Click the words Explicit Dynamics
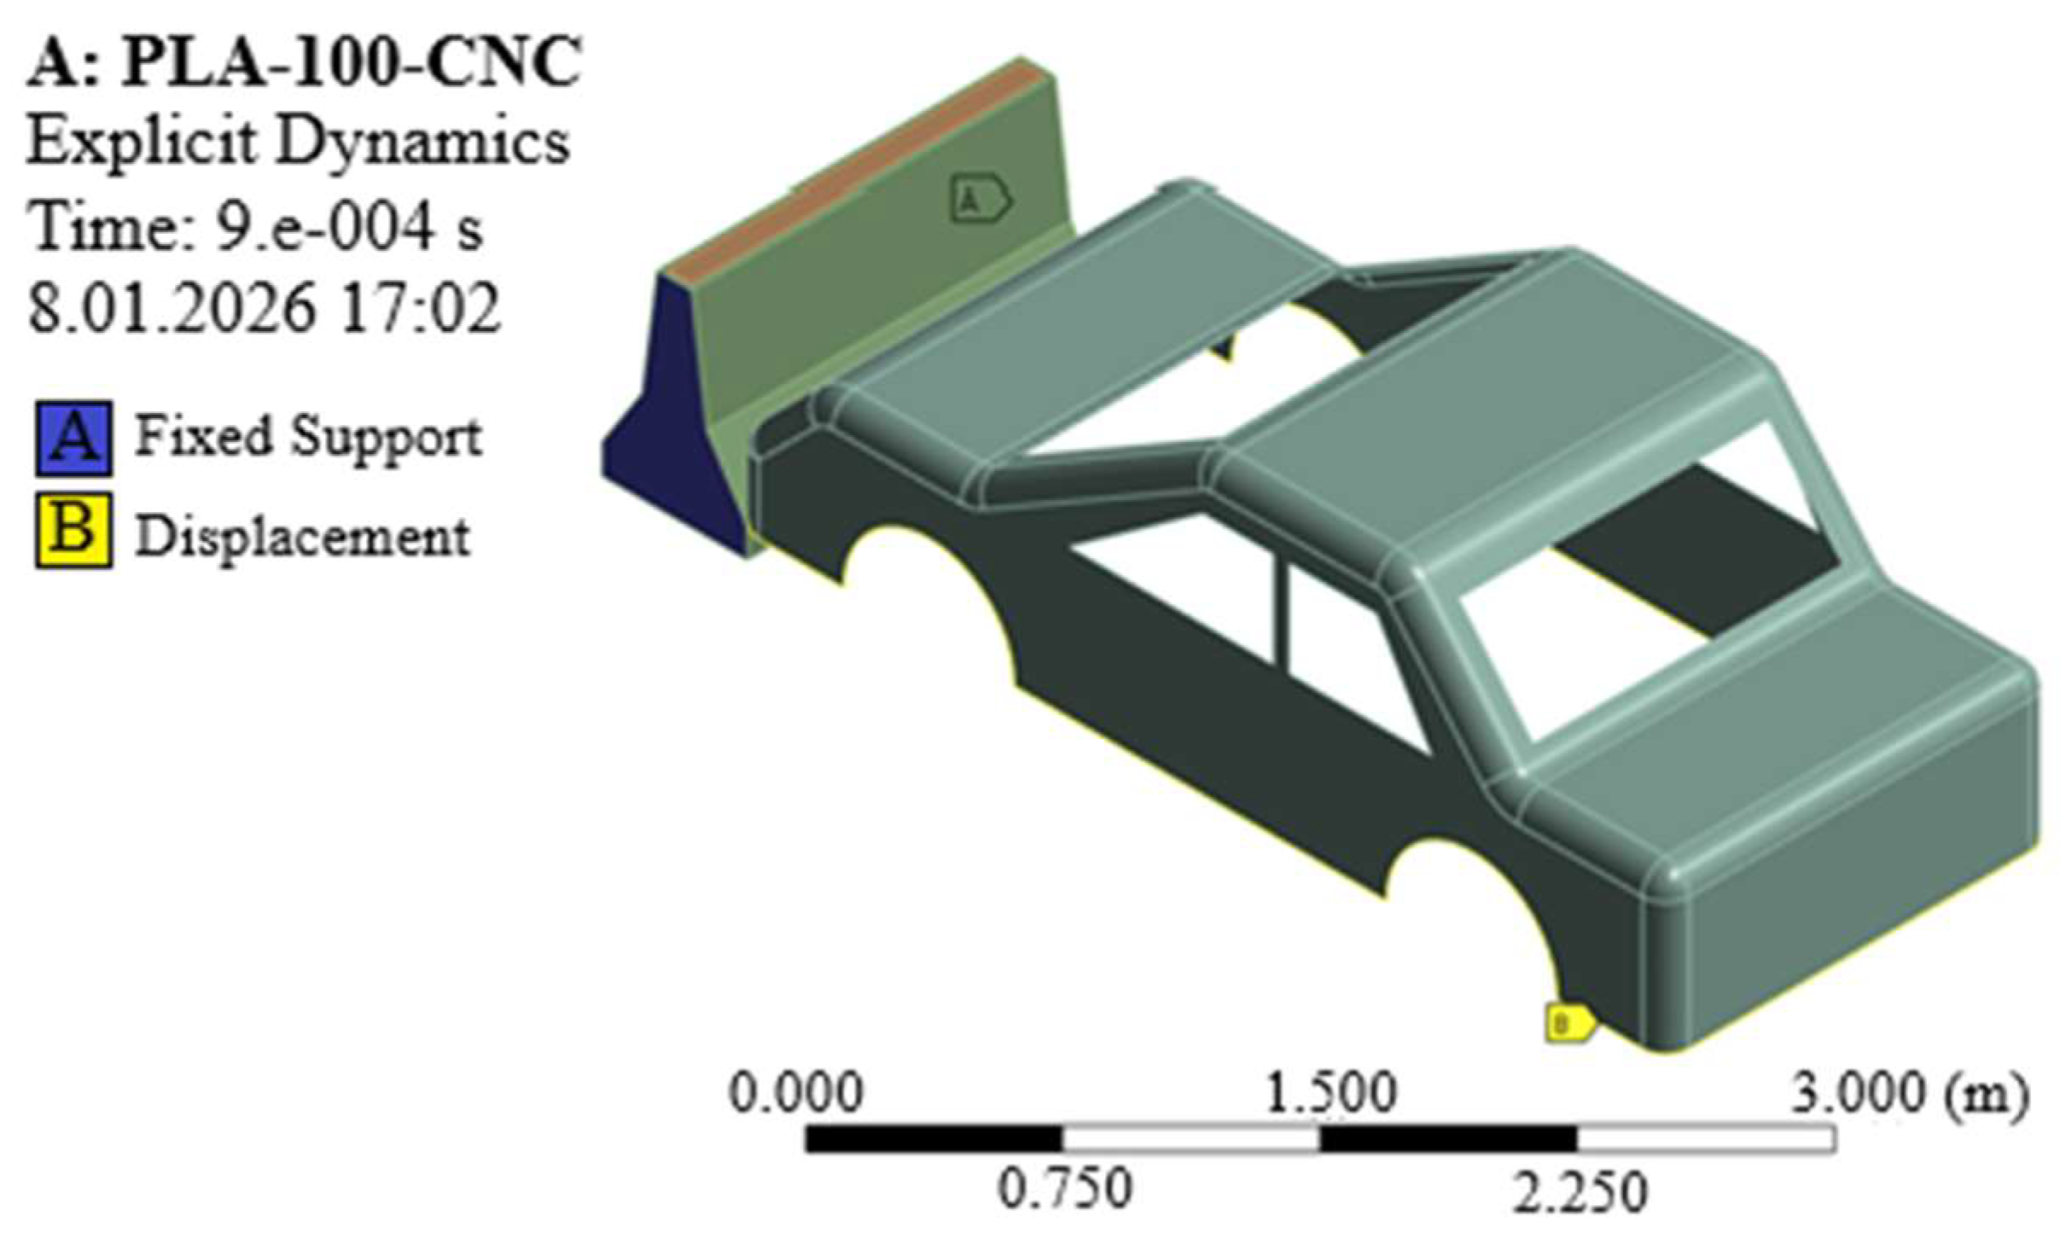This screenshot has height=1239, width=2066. pos(298,142)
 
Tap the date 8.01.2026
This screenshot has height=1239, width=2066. pos(171,308)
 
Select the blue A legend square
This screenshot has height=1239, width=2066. pos(74,438)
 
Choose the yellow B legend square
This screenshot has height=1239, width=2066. pos(74,531)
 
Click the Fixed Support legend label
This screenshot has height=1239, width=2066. pos(308,439)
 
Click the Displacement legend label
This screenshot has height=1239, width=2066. pos(303,537)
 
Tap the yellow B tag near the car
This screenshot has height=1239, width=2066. pos(1569,1022)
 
